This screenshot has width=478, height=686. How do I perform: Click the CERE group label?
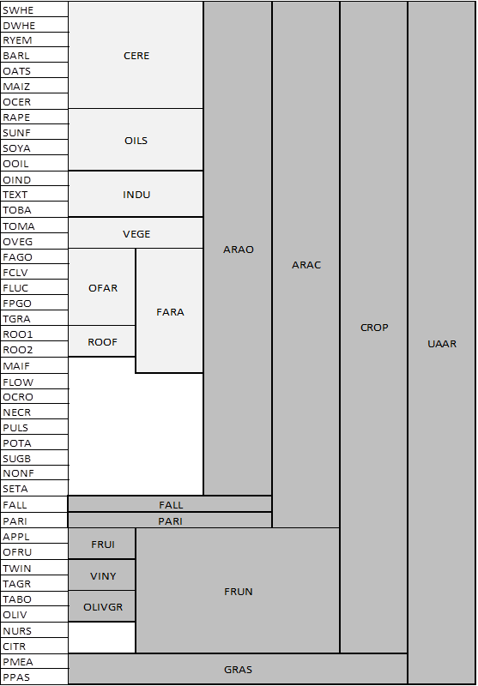[x=136, y=56]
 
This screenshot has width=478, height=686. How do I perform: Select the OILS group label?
[x=136, y=141]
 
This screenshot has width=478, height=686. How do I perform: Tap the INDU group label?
[x=136, y=195]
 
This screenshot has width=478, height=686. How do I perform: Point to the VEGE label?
[x=136, y=234]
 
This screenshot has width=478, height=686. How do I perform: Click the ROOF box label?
[x=103, y=342]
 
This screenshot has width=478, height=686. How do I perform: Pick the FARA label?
[x=170, y=312]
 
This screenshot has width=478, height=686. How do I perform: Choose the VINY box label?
[x=103, y=575]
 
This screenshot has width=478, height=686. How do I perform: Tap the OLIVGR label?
[x=103, y=607]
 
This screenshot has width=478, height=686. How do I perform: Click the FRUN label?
[x=239, y=592]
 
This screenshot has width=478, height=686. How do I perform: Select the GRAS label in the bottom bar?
[x=238, y=670]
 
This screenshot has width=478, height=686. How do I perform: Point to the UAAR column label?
[x=442, y=344]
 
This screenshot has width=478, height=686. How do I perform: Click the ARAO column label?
[x=239, y=250]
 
